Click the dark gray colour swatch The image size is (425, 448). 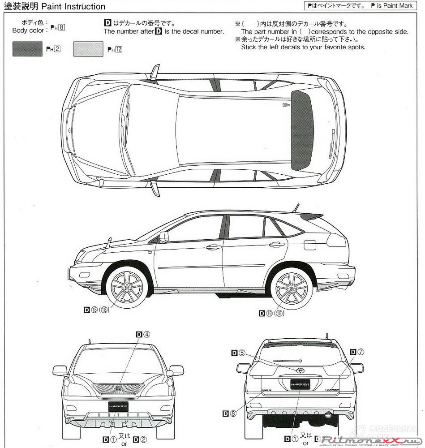[x=28, y=49]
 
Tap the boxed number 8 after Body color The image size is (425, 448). [x=62, y=27]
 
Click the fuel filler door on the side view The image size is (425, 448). [x=310, y=245]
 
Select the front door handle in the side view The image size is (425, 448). [x=214, y=246]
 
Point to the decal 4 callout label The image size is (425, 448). [x=143, y=334]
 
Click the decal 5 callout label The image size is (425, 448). [x=239, y=353]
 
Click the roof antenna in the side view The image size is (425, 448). [x=296, y=208]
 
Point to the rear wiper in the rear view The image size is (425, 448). [x=287, y=360]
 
